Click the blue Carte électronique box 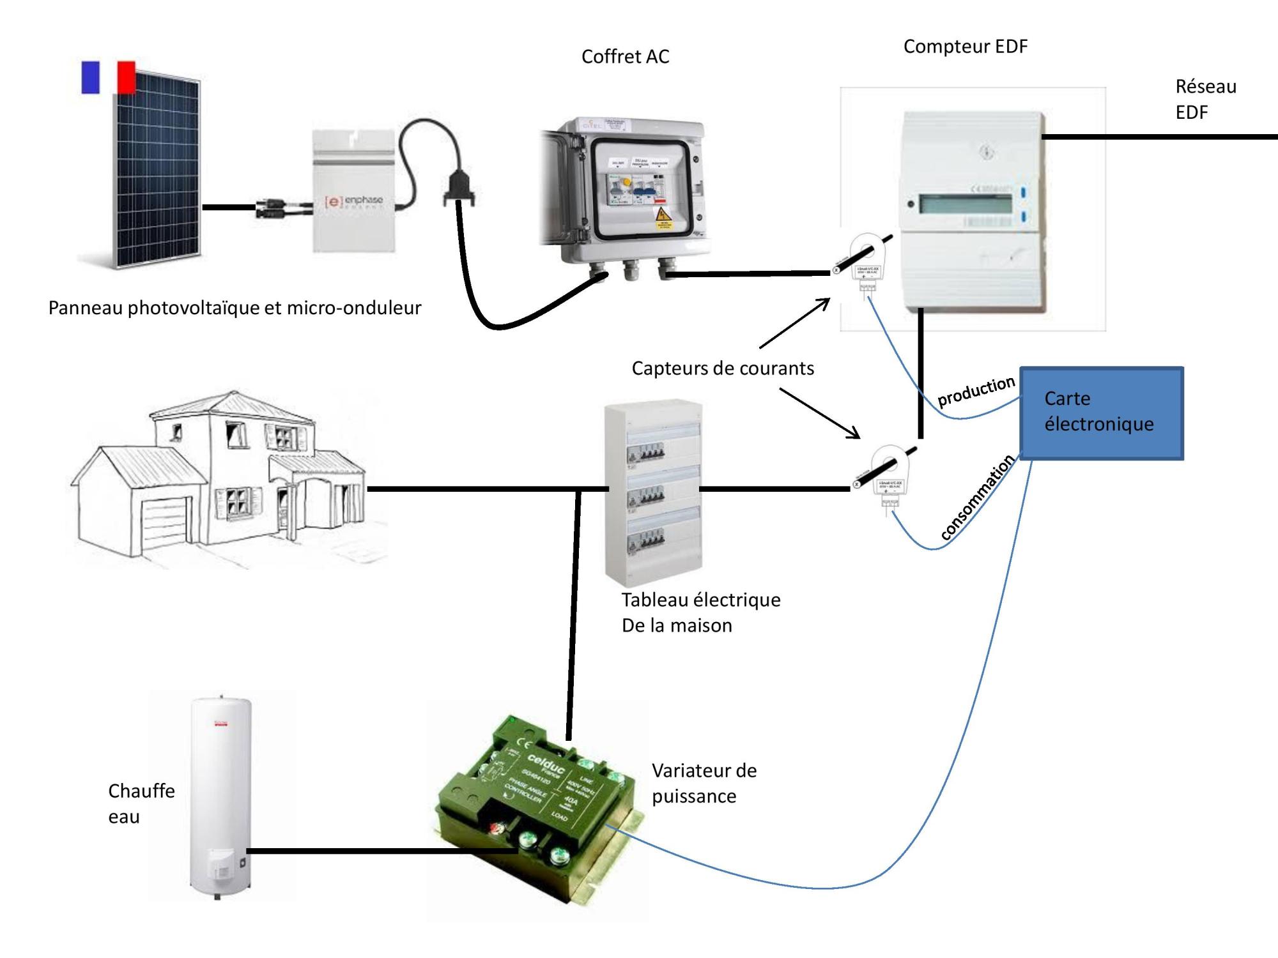point(1101,413)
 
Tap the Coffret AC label point(625,57)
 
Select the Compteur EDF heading point(965,47)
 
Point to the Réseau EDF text point(1205,99)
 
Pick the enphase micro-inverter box point(353,191)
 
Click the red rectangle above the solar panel point(127,77)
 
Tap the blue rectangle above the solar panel point(91,77)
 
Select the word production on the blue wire point(976,391)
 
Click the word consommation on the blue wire point(977,498)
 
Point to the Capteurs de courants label point(723,369)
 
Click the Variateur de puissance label point(704,783)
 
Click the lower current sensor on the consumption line point(888,476)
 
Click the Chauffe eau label point(141,803)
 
